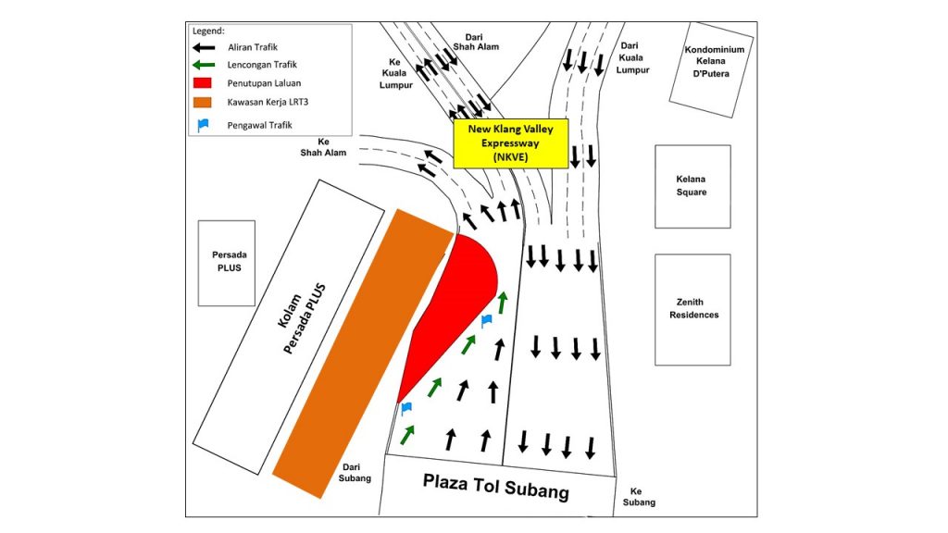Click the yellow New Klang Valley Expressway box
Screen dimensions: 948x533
pos(511,143)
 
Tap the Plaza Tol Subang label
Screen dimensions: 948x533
pos(496,487)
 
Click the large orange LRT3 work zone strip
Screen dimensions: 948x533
pos(363,353)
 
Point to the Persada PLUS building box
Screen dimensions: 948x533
pos(227,263)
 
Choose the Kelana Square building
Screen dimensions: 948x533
pos(692,186)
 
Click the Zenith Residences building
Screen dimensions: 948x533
pos(692,309)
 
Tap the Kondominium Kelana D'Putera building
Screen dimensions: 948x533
pos(712,69)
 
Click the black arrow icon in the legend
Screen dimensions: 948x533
pos(203,47)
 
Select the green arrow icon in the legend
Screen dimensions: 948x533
pos(203,65)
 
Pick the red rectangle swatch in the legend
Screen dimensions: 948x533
pos(203,82)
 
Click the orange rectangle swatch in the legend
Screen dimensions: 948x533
pos(203,102)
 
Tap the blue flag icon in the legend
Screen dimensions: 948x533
pos(203,125)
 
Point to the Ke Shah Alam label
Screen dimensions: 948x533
pos(323,147)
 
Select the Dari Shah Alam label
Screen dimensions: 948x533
pos(476,42)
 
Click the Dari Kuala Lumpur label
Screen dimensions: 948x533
pos(632,57)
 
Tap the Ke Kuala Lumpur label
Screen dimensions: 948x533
pos(395,73)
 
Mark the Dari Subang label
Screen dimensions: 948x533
pos(355,473)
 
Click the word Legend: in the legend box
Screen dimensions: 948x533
pos(208,31)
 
